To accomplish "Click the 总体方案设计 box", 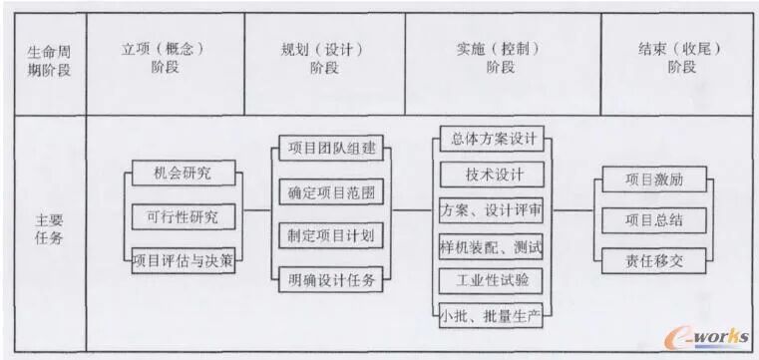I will coord(492,139).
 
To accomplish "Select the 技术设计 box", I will coord(492,174).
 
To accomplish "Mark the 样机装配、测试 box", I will coord(492,245).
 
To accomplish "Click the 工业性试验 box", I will coord(492,280).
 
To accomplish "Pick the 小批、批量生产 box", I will coord(492,316).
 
